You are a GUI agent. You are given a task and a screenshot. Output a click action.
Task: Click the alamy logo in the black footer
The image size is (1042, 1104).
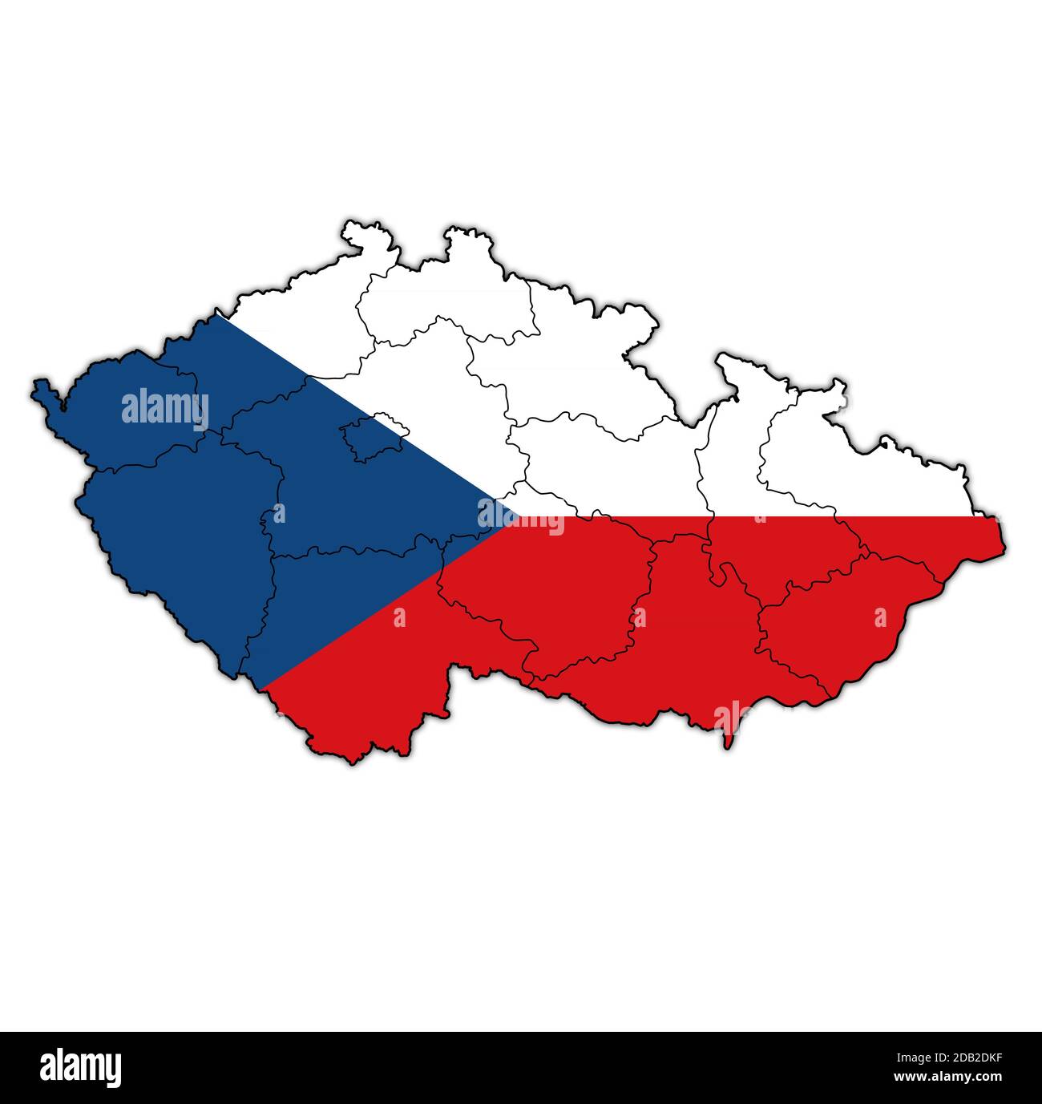point(80,1067)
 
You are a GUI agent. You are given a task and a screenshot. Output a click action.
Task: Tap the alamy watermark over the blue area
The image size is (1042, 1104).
point(165,408)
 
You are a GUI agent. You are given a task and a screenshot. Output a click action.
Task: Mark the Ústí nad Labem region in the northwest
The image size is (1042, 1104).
point(297,329)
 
